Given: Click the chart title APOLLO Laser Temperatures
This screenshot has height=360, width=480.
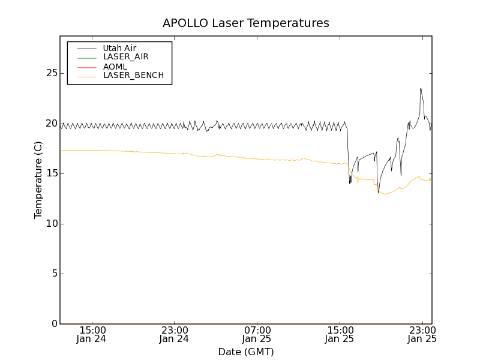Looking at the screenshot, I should click(245, 23).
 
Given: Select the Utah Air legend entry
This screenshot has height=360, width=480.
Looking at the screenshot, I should click(119, 48).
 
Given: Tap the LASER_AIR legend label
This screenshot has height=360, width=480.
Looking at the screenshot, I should click(125, 57).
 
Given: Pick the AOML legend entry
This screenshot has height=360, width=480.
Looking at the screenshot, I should click(115, 67).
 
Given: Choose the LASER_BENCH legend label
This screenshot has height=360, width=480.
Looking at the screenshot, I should click(133, 76).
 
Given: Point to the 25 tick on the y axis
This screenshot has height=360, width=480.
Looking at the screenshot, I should click(52, 73).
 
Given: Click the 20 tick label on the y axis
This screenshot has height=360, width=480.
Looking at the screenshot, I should click(52, 124).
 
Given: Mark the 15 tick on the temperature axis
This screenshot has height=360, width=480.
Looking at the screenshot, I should click(52, 173).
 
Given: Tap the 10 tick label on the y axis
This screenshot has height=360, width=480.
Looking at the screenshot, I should click(52, 224).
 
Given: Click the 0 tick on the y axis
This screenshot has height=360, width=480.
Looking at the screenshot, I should click(54, 324).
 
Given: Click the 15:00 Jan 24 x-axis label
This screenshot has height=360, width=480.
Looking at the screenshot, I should click(92, 334).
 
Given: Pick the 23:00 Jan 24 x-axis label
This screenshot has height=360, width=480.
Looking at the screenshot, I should click(174, 334).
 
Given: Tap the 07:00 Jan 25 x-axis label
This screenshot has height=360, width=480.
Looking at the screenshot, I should click(257, 334).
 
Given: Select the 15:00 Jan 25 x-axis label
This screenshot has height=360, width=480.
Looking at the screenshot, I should click(339, 334).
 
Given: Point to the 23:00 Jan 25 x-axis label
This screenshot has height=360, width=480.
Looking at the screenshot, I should click(421, 334).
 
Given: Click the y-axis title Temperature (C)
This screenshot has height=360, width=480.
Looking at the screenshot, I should click(38, 180).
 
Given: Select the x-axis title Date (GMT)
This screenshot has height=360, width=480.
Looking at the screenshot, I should click(245, 352).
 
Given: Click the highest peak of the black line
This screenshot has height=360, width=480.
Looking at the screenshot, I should click(421, 89).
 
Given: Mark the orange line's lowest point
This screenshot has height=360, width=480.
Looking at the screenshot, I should click(385, 194).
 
